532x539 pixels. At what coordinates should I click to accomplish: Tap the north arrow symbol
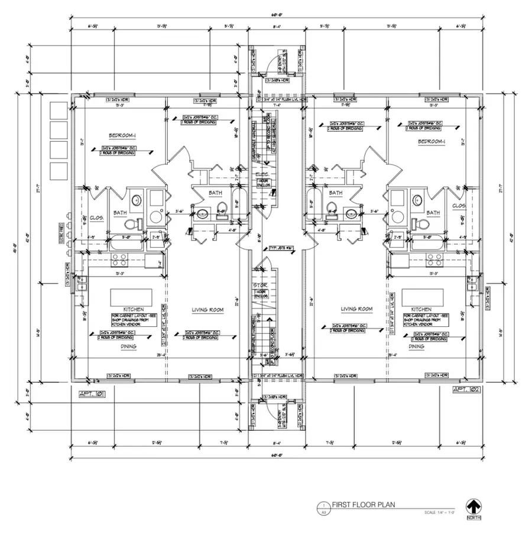point(473,507)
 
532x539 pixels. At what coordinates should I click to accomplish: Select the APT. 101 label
point(91,392)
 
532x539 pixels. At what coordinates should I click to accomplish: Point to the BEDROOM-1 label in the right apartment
point(432,141)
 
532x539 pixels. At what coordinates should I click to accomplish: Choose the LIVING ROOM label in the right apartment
point(356,309)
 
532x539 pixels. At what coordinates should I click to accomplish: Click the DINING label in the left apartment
point(128,346)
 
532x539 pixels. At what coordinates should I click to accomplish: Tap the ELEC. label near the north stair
point(262,174)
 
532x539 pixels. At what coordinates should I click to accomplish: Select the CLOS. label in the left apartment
point(97,217)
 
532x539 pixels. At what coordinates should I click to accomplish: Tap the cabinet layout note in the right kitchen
point(424,320)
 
